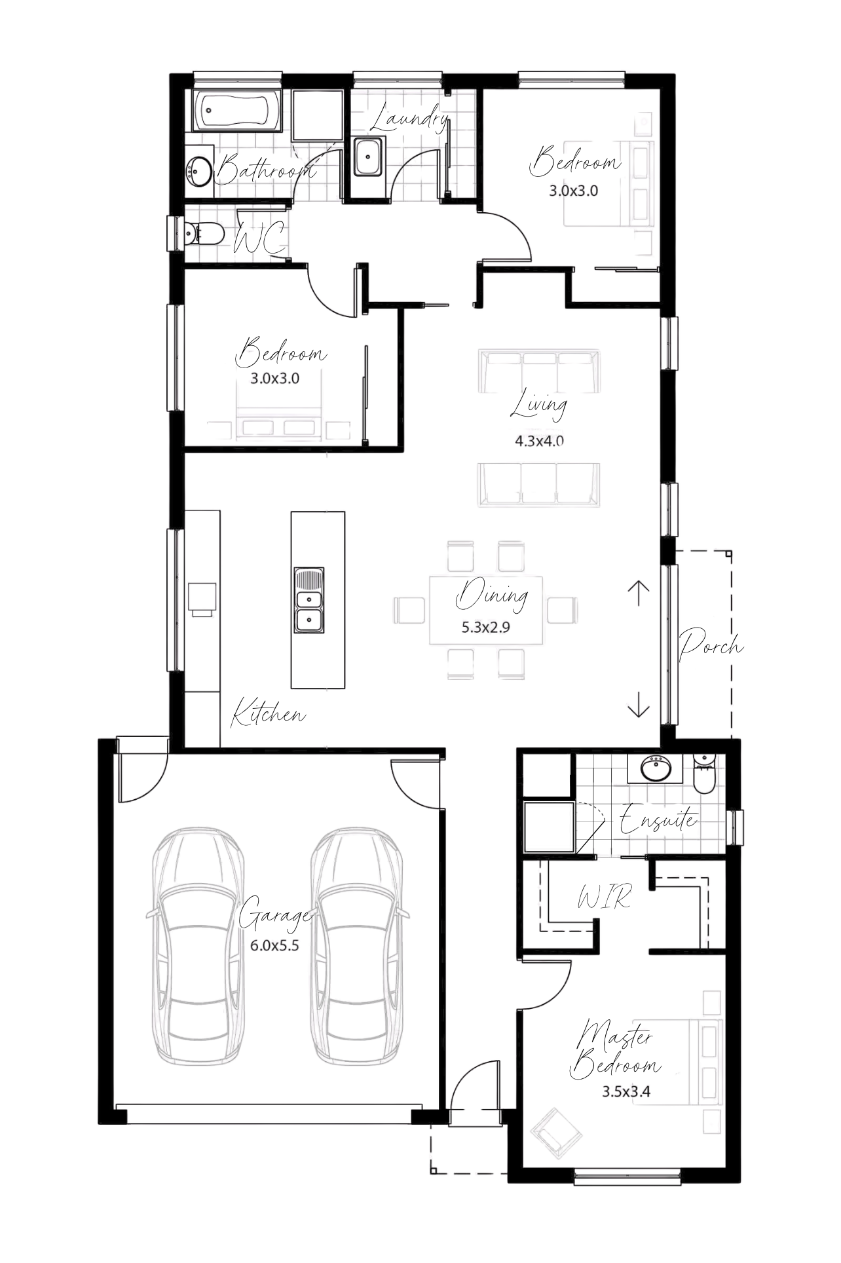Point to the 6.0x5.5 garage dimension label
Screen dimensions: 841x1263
tap(275, 945)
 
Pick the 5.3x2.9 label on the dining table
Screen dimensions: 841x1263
tap(486, 627)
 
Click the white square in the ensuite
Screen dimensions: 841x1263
tap(549, 827)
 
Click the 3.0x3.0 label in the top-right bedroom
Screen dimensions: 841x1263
tap(574, 191)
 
